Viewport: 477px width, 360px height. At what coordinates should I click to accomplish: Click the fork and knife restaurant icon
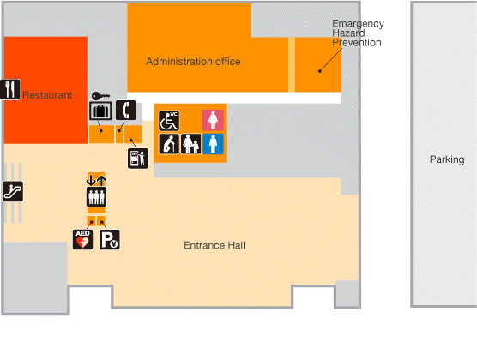coord(10,89)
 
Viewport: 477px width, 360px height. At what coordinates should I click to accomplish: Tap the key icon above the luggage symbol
coord(100,96)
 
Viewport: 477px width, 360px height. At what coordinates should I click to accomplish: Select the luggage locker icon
coord(100,111)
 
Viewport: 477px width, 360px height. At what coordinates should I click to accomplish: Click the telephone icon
coord(125,110)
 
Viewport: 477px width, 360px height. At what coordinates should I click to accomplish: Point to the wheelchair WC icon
coord(169,121)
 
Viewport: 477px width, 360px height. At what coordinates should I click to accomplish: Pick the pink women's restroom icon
coord(213,120)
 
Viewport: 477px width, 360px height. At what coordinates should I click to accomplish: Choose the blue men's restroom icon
coord(213,144)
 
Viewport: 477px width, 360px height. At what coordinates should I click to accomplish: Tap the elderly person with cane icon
coord(169,144)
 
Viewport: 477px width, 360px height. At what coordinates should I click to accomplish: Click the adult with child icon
coord(191,144)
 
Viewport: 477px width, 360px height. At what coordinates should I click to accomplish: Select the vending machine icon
coord(138,159)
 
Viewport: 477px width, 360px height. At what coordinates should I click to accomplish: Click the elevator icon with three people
coord(96,197)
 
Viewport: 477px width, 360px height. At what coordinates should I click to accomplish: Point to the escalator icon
coord(13,191)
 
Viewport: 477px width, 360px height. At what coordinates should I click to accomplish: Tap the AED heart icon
coord(82,240)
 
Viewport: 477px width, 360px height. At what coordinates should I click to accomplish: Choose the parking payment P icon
coord(110,240)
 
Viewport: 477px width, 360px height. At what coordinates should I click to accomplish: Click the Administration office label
coord(193,62)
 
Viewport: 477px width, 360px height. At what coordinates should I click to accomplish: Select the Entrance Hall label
coord(214,245)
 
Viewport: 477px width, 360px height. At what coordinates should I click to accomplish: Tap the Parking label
coord(447,159)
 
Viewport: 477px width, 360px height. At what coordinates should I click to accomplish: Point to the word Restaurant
coord(47,95)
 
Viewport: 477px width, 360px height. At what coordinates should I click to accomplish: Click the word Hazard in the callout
coord(348,33)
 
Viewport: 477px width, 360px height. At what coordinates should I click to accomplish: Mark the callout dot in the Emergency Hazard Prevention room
coord(320,71)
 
